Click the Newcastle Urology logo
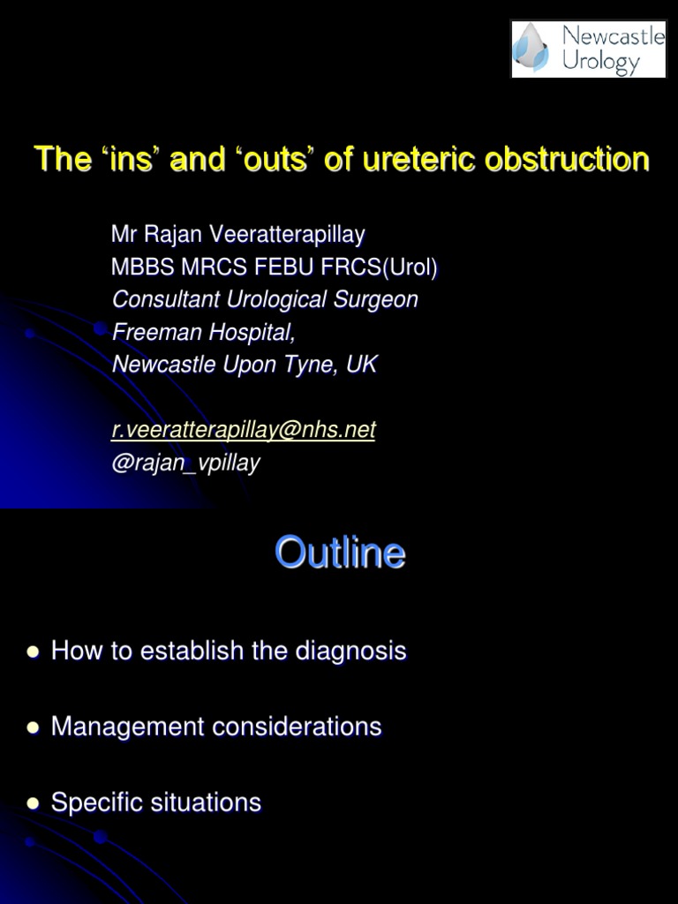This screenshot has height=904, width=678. (x=588, y=49)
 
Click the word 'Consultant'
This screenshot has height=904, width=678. (x=166, y=299)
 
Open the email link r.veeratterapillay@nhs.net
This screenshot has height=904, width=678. (x=244, y=430)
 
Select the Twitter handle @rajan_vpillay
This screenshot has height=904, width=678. (x=185, y=463)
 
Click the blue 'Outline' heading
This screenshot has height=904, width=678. (x=340, y=554)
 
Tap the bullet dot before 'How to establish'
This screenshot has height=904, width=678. (x=34, y=652)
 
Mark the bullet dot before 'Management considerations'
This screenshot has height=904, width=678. (x=34, y=727)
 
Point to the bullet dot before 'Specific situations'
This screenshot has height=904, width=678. (x=34, y=803)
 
